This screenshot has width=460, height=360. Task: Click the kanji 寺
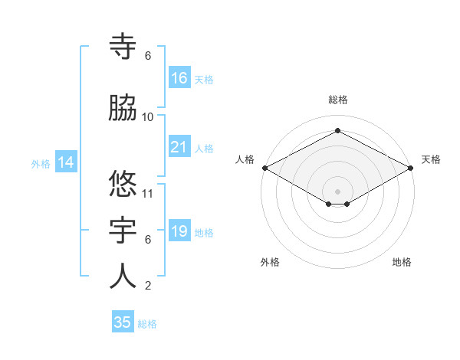coord(123,47)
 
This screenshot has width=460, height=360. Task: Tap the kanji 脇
coord(123,109)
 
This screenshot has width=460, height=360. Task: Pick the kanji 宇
coord(123,231)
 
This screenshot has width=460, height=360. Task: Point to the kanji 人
coord(123,277)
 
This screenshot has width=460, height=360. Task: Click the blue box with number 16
coord(179,78)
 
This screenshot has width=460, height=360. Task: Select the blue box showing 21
coord(179,147)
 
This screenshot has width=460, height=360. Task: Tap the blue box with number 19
coord(179,231)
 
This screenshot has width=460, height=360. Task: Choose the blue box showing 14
coord(65,162)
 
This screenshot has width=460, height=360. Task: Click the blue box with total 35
coord(123,322)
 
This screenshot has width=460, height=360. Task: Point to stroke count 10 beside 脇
coord(148,116)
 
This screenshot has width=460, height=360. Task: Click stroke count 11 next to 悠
coord(148,193)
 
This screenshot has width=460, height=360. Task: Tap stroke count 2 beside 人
coord(148,286)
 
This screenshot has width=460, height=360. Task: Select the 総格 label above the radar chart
coord(338,100)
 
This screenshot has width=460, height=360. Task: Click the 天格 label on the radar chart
coord(431,159)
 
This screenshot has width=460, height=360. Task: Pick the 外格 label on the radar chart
coord(270,262)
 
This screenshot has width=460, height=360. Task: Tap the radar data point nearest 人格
coord(264,167)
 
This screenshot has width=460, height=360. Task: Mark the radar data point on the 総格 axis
coord(338,131)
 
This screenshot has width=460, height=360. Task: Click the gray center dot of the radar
coord(338,191)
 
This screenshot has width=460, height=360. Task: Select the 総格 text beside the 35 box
coord(147,324)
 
